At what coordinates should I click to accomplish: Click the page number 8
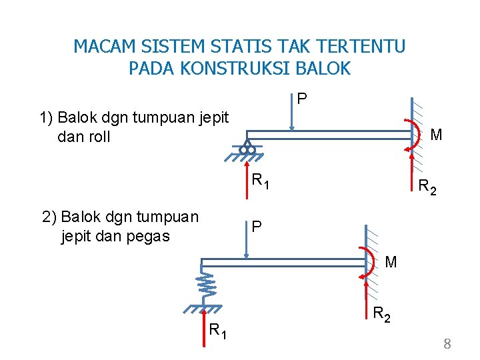(447, 344)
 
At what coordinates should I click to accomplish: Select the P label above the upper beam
(302, 99)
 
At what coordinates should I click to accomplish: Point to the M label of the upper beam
(436, 135)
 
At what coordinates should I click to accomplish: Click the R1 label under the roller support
(260, 179)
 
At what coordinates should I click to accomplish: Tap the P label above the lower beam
(256, 227)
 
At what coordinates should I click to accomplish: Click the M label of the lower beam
(391, 262)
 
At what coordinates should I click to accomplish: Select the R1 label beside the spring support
(217, 329)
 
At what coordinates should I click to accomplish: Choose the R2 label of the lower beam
(383, 313)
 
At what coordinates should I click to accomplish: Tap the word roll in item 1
(97, 137)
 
